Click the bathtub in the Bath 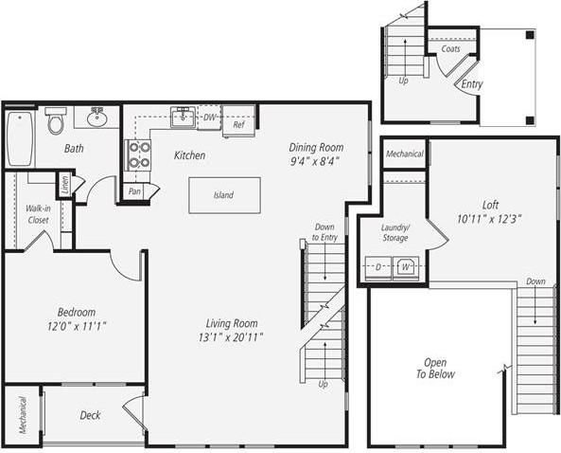tap(19, 138)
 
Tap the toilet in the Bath tap(56, 120)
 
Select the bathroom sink tap(96, 118)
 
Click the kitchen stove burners tap(138, 154)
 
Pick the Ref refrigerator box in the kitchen tap(238, 122)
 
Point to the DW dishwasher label tap(210, 118)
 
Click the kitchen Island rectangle tap(224, 195)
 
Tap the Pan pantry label tap(134, 190)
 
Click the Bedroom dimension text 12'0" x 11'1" tap(77, 327)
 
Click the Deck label tap(90, 415)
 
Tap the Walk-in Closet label tap(38, 214)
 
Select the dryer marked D tap(377, 267)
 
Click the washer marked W tap(406, 267)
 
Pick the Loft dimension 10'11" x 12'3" tap(489, 218)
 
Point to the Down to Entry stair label tap(324, 231)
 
